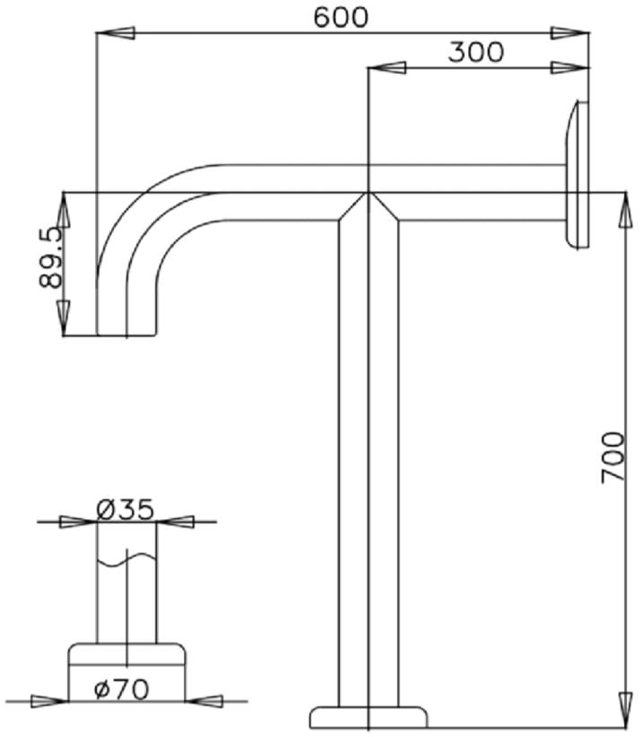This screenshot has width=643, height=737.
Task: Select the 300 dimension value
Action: pyautogui.click(x=475, y=52)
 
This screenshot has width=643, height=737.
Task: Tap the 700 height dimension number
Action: pyautogui.click(x=613, y=457)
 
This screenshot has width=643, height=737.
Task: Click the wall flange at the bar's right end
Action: pyautogui.click(x=577, y=175)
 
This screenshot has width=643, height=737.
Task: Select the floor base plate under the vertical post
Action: pyautogui.click(x=368, y=716)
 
